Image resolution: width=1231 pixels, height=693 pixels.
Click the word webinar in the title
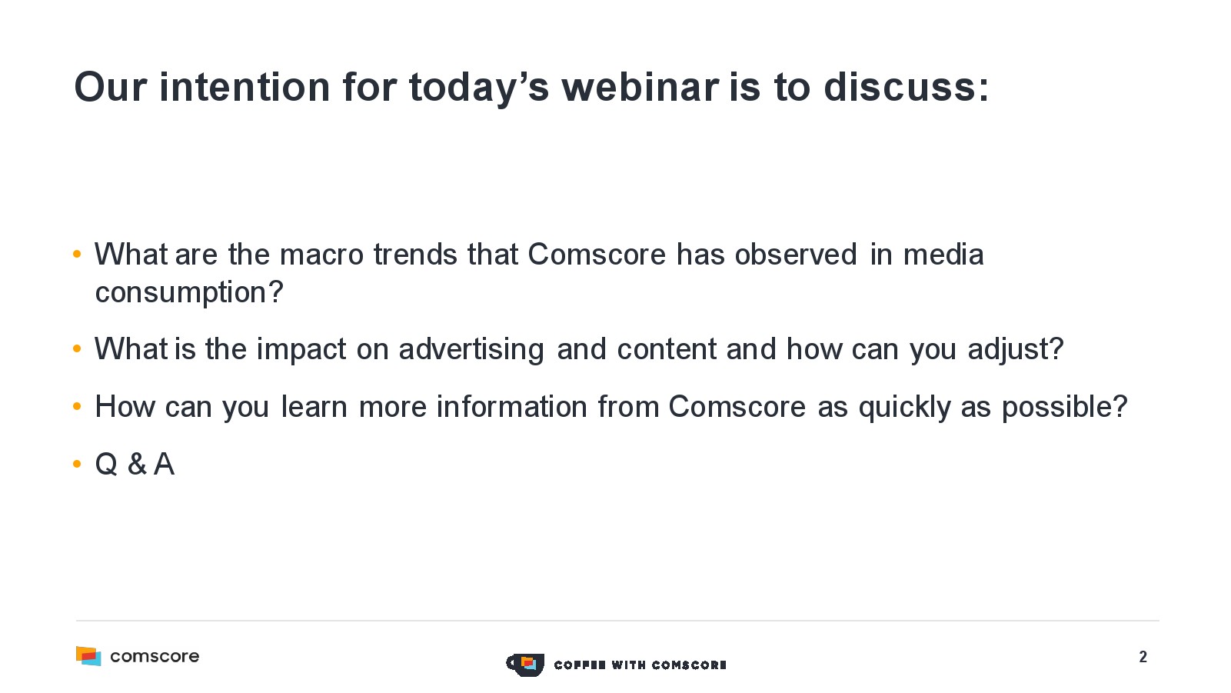(640, 87)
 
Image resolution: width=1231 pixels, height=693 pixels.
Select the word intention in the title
(245, 87)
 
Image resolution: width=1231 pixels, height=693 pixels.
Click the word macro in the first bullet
(321, 255)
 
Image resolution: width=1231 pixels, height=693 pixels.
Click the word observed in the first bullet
(796, 255)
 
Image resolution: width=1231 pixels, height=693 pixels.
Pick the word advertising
(471, 349)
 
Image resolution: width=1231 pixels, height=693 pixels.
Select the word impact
(301, 349)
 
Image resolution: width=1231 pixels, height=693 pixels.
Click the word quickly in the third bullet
(904, 408)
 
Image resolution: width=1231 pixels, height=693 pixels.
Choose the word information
(512, 407)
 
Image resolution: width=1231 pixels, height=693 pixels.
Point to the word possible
(1058, 408)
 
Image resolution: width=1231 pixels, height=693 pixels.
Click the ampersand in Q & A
(138, 465)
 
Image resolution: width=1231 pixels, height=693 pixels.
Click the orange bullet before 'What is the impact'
(77, 348)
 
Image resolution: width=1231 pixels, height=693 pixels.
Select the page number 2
(1143, 657)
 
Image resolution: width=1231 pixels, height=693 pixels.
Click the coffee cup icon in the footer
(525, 665)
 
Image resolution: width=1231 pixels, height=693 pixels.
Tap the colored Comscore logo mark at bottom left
(88, 656)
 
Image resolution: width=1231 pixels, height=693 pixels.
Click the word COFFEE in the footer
(580, 665)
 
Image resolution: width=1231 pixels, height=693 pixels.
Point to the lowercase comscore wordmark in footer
(155, 656)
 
